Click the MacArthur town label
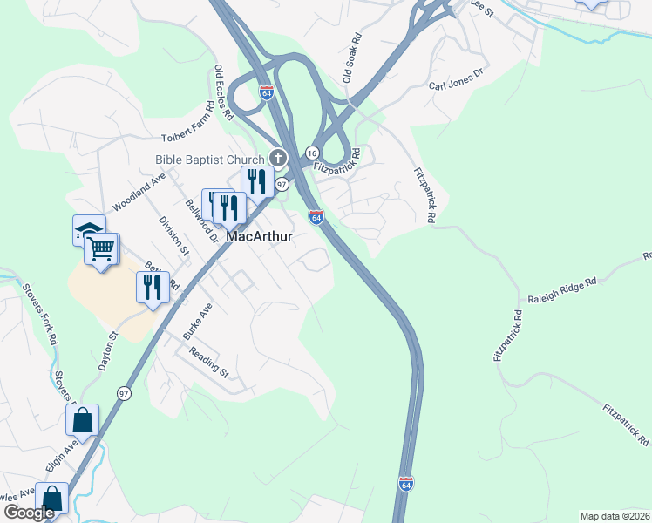point(259,236)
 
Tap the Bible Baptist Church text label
point(209,160)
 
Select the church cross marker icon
point(278,158)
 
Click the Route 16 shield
point(311,153)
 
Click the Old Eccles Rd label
point(224,92)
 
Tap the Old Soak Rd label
point(352,59)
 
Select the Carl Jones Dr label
point(455,80)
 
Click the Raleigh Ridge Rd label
point(562,291)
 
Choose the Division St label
point(174,231)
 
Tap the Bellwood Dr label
point(200,221)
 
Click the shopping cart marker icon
point(101,249)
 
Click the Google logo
point(29,513)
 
